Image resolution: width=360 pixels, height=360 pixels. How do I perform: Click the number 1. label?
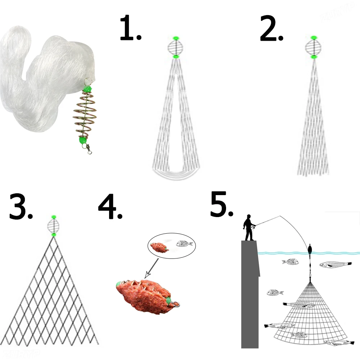pyautogui.click(x=130, y=28)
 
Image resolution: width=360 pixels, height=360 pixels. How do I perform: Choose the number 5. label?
pyautogui.click(x=222, y=204)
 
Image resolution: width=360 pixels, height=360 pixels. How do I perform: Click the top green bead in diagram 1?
pyautogui.click(x=176, y=38)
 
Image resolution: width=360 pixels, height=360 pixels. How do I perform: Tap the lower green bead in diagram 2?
pyautogui.click(x=314, y=57)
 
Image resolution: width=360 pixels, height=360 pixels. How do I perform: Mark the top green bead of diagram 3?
pyautogui.click(x=54, y=217)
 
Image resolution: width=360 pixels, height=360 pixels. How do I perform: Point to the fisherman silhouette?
pyautogui.click(x=249, y=228)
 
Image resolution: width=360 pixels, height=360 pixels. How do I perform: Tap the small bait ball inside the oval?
pyautogui.click(x=158, y=247)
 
